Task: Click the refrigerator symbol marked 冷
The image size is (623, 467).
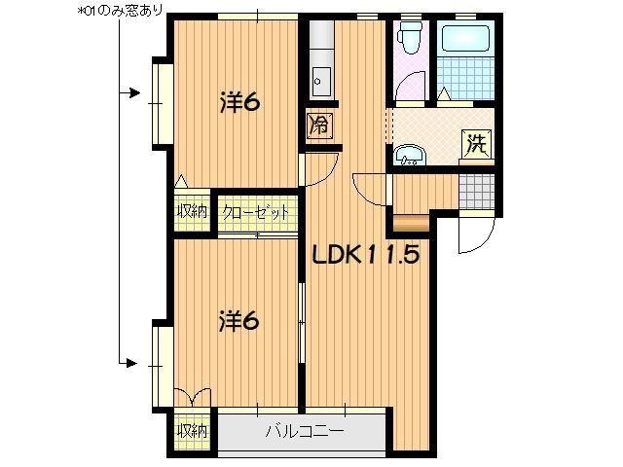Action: [318, 125]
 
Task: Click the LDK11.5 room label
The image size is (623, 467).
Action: [365, 255]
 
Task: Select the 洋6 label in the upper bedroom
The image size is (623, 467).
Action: [238, 102]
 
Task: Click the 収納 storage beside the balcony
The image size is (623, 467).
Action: [192, 430]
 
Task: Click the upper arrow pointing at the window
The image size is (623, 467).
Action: [129, 93]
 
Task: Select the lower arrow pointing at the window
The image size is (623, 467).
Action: [129, 363]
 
